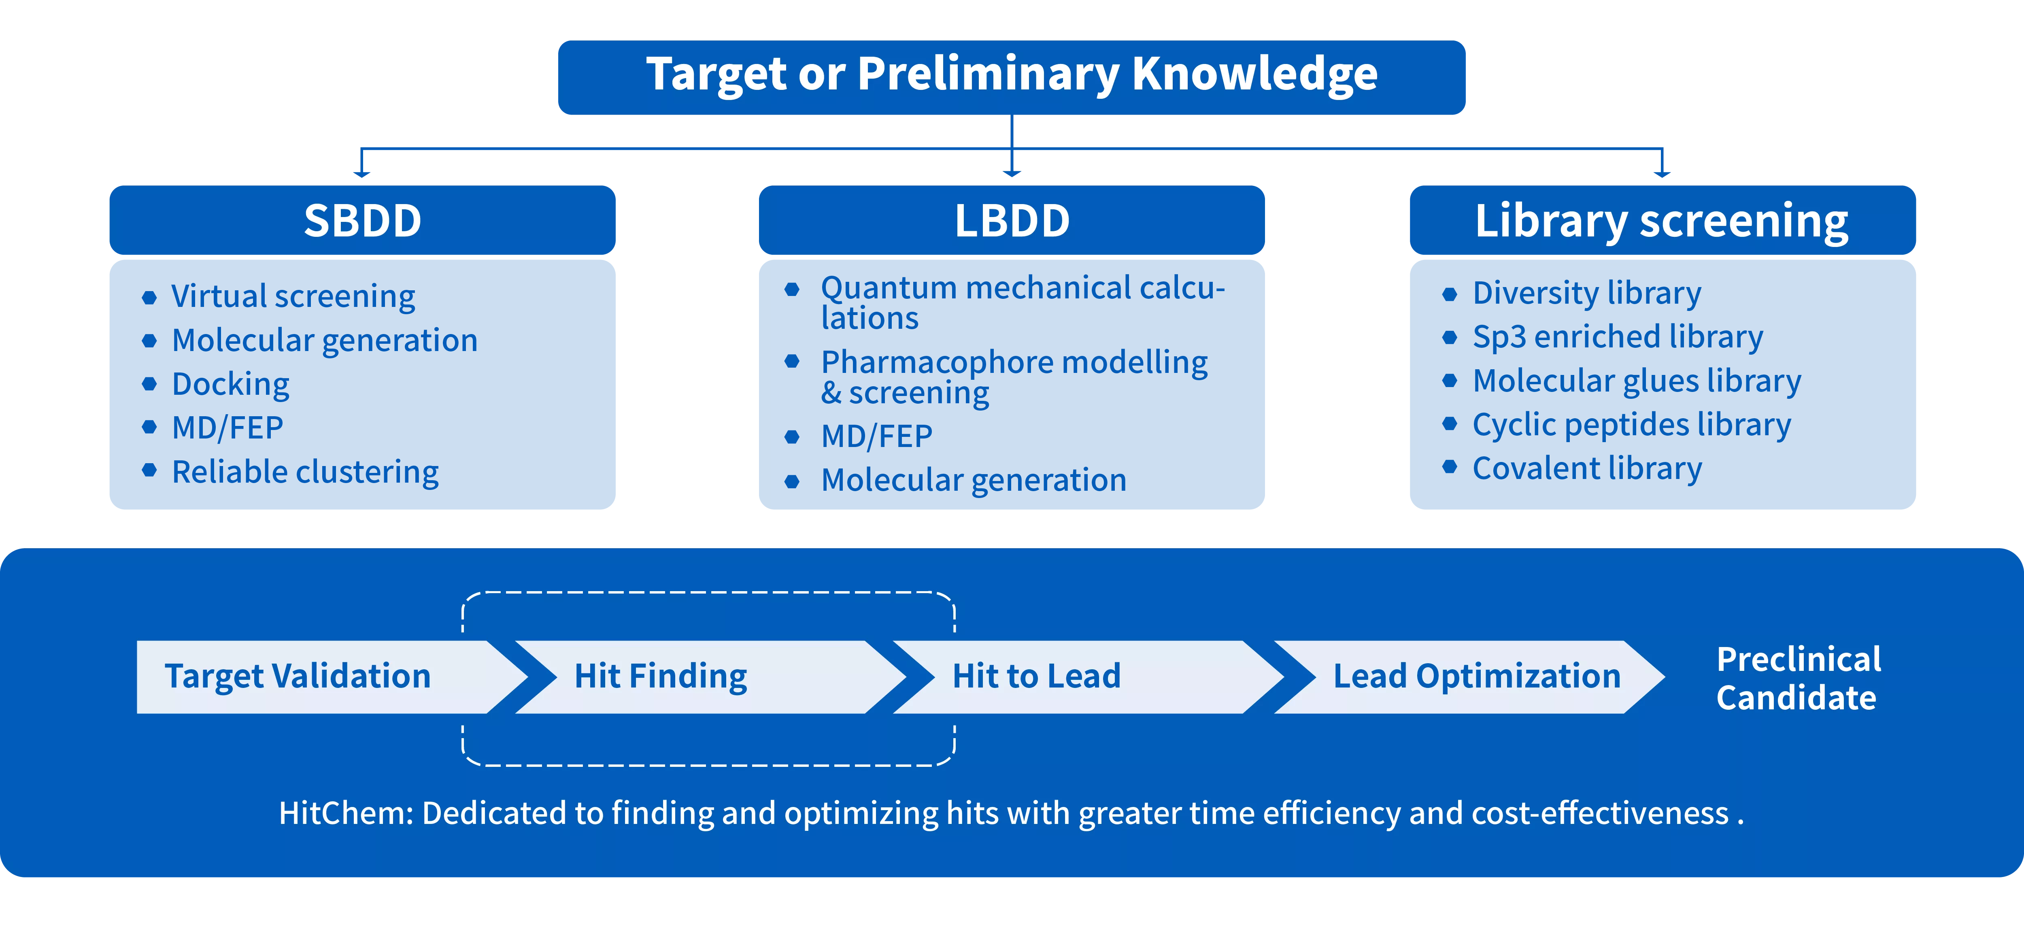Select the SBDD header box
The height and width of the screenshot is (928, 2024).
coord(362,220)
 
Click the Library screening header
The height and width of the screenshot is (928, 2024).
coord(1663,220)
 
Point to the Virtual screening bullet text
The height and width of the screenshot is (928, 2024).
coord(293,296)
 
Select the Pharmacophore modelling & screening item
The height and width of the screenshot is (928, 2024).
coord(1014,377)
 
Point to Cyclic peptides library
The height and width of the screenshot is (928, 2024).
coord(1631,425)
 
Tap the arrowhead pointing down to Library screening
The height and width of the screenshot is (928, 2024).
coord(1662,173)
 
